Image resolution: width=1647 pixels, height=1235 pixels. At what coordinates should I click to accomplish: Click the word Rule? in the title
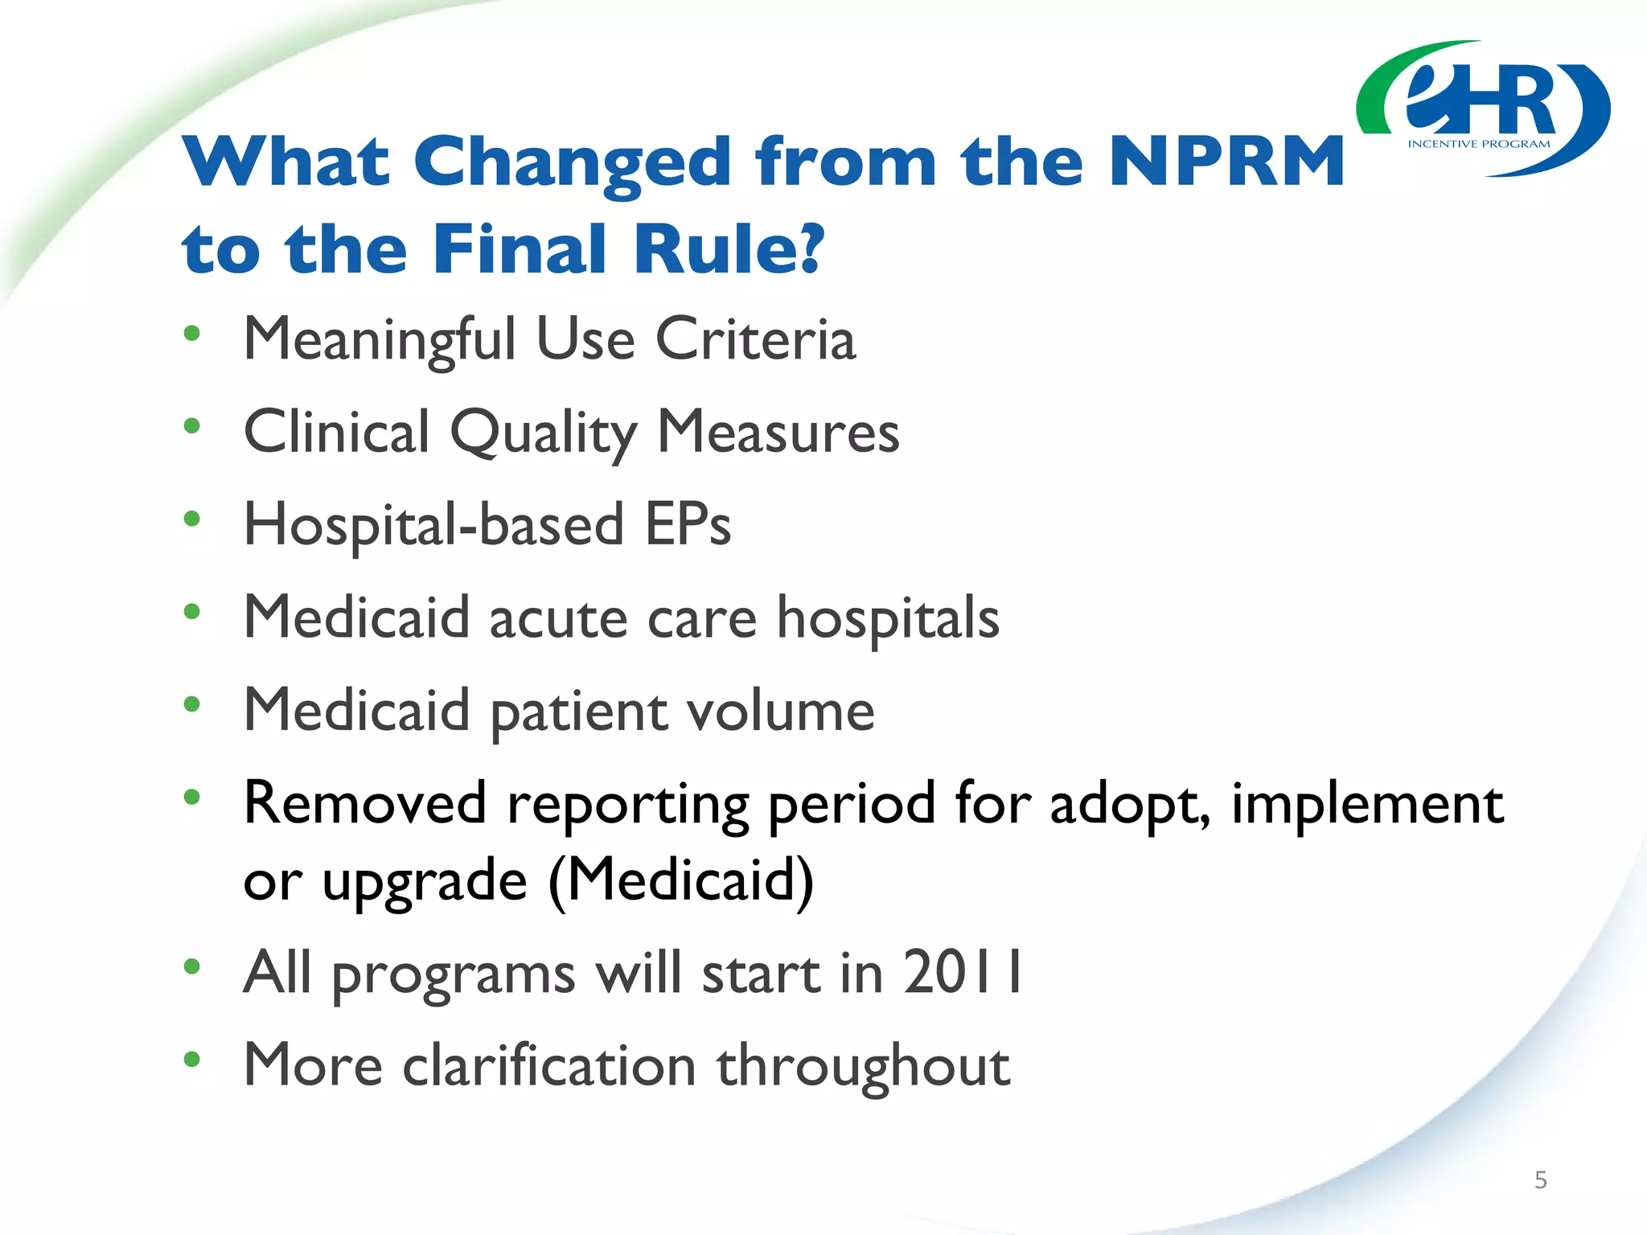[x=729, y=248]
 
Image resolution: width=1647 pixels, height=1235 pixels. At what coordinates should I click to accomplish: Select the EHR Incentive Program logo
[x=1483, y=109]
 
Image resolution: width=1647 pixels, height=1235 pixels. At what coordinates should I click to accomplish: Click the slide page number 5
[x=1540, y=1180]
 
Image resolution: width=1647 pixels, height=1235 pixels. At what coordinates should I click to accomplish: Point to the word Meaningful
[x=380, y=341]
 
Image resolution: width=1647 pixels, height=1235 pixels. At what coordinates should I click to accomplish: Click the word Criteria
[x=755, y=339]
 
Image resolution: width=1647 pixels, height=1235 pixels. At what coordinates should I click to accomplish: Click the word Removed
[x=365, y=803]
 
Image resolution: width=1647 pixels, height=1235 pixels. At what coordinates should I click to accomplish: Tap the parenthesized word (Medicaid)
[x=681, y=881]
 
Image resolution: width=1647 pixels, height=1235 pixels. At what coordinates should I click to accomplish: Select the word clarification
[x=549, y=1065]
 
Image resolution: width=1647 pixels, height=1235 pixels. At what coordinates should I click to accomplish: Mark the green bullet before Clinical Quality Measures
[x=191, y=426]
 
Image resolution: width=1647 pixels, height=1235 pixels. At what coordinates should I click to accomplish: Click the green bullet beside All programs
[x=191, y=966]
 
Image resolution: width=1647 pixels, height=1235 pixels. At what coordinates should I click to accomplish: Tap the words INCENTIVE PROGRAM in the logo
[x=1478, y=145]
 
